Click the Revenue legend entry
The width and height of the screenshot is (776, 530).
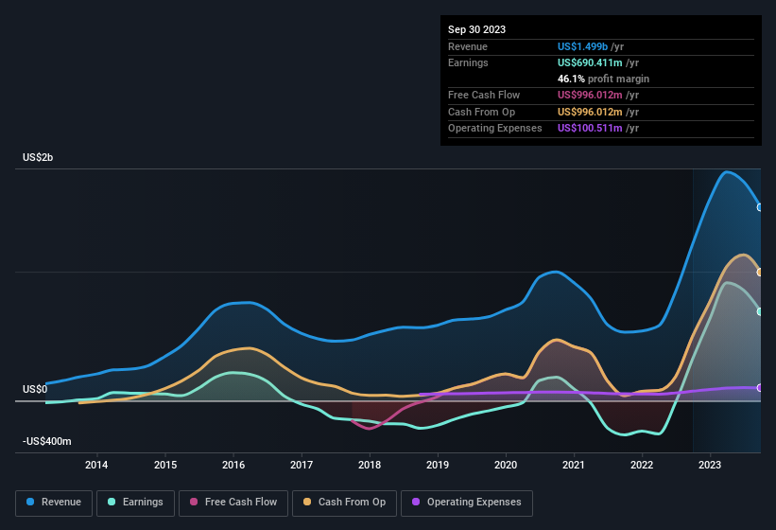55,502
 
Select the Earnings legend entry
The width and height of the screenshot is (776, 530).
136,502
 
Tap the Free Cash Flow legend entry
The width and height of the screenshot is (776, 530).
233,502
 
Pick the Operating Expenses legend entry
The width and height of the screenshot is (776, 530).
466,502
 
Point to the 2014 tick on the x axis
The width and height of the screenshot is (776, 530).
96,465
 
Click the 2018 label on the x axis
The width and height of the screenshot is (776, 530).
370,465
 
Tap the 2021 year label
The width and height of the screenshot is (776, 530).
574,465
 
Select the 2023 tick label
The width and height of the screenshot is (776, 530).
710,465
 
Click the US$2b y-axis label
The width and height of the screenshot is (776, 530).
38,157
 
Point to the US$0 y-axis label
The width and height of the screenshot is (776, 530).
35,389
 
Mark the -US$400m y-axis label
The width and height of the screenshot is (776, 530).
47,441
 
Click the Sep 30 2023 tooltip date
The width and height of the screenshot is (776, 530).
476,29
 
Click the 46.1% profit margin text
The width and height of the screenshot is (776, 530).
603,79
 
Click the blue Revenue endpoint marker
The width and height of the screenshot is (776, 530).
760,206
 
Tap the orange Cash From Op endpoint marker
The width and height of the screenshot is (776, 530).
760,272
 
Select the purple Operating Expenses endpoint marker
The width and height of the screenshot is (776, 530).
760,388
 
